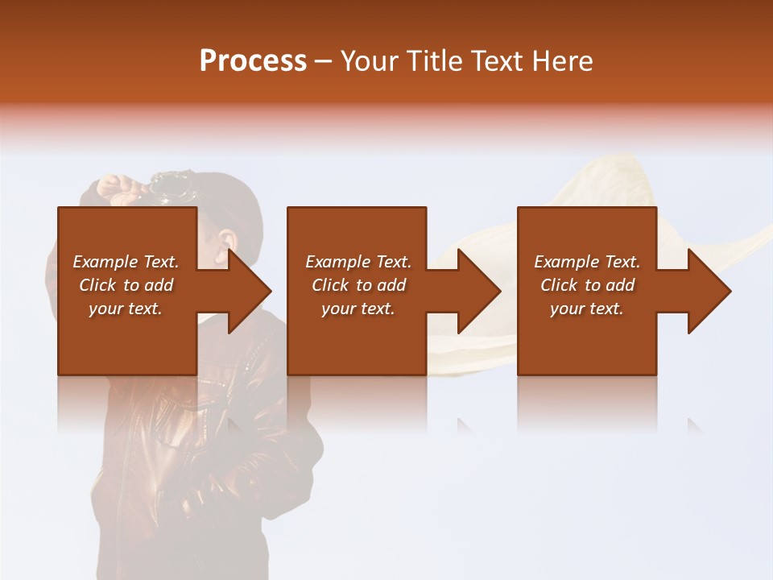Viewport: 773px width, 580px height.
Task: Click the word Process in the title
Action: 253,61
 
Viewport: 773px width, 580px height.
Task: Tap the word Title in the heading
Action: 435,61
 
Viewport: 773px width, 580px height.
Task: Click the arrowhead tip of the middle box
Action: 500,291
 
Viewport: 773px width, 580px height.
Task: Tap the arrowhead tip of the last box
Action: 730,291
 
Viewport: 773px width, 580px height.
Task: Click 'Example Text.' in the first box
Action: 126,262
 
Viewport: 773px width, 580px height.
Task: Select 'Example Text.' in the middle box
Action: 358,262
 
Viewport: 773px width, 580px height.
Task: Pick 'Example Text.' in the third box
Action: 587,262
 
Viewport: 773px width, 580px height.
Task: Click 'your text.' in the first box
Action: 126,309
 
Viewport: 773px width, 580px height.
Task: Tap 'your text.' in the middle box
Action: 358,309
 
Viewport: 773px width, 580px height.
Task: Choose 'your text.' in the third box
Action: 587,309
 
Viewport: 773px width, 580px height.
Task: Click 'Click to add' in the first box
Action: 126,285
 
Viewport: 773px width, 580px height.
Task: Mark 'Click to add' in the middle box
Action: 358,285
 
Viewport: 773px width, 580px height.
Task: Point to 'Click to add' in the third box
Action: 587,285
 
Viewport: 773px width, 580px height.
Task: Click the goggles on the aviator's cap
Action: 171,187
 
